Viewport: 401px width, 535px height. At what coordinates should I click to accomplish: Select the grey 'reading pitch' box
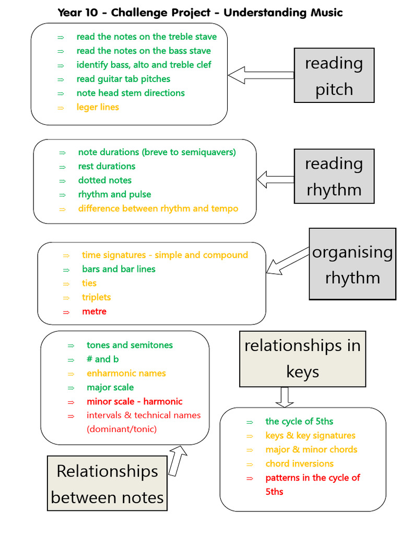coord(334,76)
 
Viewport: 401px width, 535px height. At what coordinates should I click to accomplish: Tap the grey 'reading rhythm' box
coord(334,176)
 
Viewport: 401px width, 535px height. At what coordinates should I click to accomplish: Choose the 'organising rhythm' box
coord(352,264)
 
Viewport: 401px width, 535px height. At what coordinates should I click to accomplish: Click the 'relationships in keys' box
coord(302,358)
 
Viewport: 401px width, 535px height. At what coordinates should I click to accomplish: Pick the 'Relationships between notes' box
coord(107,483)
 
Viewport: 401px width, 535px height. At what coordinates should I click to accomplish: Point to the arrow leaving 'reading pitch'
coord(261,75)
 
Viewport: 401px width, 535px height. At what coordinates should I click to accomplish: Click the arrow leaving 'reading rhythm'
coord(276,180)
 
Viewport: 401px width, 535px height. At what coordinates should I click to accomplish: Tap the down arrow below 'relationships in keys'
coord(284,397)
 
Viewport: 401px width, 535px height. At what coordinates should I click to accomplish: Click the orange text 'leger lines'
coord(98,107)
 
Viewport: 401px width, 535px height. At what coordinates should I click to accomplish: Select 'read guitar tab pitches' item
coord(123,79)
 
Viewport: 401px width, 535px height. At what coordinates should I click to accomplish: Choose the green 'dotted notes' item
coord(105,180)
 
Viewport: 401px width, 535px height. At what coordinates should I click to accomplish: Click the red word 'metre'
coord(94,311)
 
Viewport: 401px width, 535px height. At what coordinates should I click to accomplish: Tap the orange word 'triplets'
coord(96,297)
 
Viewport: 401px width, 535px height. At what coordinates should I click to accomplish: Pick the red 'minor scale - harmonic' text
coord(135,401)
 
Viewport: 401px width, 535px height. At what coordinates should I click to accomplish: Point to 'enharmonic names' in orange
coord(126,373)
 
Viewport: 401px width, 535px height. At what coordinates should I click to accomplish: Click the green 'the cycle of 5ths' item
coord(299,421)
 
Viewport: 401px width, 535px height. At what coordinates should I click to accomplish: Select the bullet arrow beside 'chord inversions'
coord(250,464)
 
